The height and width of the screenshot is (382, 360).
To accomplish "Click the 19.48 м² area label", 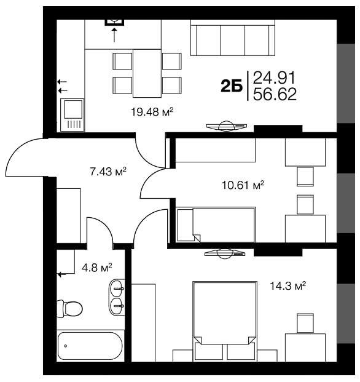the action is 152,112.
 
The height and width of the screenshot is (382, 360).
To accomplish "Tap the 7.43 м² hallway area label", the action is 108,172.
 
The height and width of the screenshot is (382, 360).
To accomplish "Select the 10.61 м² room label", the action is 243,185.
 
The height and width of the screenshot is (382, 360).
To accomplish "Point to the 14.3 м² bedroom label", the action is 288,286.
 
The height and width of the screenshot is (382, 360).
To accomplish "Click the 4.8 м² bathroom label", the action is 97,268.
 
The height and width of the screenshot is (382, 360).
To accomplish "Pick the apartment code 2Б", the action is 232,86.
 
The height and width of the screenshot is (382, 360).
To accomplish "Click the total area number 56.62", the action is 275,94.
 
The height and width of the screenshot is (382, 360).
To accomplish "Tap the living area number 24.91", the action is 274,78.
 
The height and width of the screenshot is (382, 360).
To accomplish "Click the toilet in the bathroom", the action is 69,308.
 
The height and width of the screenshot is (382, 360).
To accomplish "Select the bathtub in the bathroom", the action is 90,346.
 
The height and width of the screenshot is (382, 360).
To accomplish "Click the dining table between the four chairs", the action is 147,73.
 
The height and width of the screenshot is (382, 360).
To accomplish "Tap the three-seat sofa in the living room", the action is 233,38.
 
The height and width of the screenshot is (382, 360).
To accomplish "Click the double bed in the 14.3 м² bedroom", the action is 225,321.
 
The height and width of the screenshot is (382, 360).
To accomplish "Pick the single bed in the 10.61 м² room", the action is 216,225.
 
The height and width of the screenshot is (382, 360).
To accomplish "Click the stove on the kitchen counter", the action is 72,115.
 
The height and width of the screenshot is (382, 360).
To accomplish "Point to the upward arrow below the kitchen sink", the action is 114,35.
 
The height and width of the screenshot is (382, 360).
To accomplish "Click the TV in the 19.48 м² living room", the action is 227,126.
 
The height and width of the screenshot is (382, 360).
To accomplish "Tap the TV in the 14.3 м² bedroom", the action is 225,253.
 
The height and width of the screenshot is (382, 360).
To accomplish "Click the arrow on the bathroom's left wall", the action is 62,274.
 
